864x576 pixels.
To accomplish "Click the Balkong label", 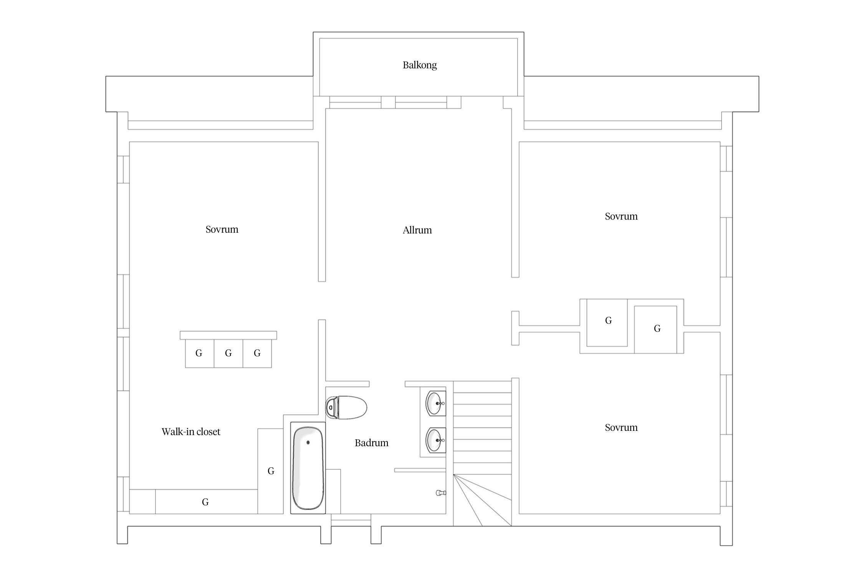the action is pos(420,65).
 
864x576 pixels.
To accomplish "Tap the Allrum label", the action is pos(417,230).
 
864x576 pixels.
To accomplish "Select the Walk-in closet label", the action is pos(191,432).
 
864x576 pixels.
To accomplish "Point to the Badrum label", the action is pos(371,443).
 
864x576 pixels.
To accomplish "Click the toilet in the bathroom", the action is pos(346,407).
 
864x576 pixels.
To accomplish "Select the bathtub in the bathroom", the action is pos(308,468).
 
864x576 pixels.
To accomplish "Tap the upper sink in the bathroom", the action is pos(436,403).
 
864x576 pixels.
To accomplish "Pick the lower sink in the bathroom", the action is pos(436,440).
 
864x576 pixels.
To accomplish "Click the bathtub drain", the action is pos(308,442).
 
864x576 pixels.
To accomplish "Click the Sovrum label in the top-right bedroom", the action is pos(621,216).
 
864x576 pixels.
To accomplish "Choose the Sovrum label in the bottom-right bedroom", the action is pos(621,427).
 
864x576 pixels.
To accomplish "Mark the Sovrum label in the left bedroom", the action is pos(222,229).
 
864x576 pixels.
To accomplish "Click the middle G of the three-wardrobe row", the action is pos(228,353).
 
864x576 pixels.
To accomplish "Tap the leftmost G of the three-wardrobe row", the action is pos(199,353).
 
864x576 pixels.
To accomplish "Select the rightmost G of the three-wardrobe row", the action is pos(257,353).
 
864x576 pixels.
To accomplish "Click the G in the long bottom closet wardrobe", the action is pos(205,502).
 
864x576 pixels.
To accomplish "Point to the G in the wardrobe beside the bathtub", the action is pos(271,471).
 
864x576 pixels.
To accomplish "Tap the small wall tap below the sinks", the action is pos(440,493).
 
